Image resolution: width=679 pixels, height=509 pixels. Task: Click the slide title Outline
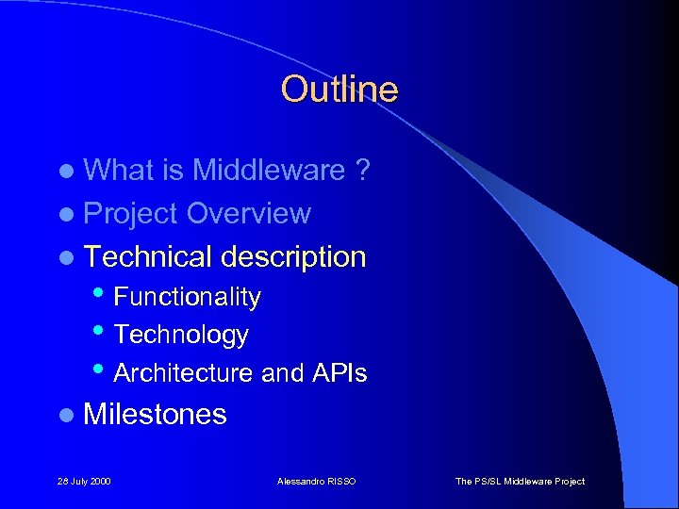click(339, 90)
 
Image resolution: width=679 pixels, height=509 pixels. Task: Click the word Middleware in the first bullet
click(269, 170)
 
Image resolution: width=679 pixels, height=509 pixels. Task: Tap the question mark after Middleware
click(362, 170)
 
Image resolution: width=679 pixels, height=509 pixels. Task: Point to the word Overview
click(248, 214)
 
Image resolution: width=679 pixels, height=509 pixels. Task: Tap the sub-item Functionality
click(187, 297)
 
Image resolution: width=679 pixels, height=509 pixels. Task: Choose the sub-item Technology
click(181, 335)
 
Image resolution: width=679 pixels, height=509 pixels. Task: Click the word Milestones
click(155, 414)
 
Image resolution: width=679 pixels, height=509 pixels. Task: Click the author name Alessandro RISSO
click(316, 482)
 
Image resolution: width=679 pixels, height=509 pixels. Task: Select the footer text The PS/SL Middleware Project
click(520, 482)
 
